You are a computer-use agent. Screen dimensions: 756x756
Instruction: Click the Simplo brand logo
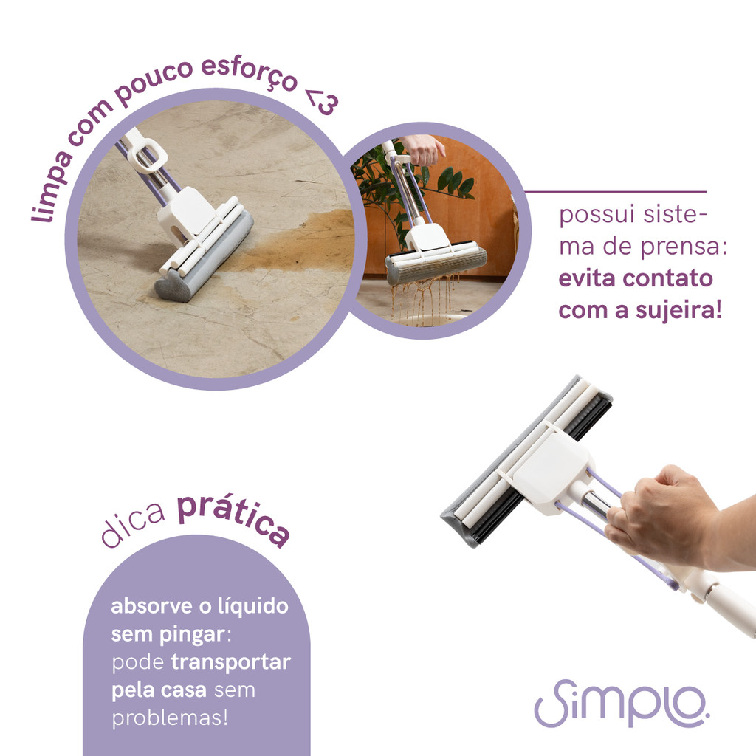[622, 703]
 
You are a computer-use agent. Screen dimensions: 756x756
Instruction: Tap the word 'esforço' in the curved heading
[250, 74]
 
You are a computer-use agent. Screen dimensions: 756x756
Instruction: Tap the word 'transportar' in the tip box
[230, 662]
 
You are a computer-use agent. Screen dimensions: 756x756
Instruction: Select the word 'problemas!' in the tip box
[170, 718]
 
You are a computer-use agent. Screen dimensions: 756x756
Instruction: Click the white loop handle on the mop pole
[149, 156]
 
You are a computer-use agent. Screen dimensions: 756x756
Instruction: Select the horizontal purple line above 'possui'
[615, 192]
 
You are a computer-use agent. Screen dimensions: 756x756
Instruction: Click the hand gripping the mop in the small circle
[422, 148]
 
